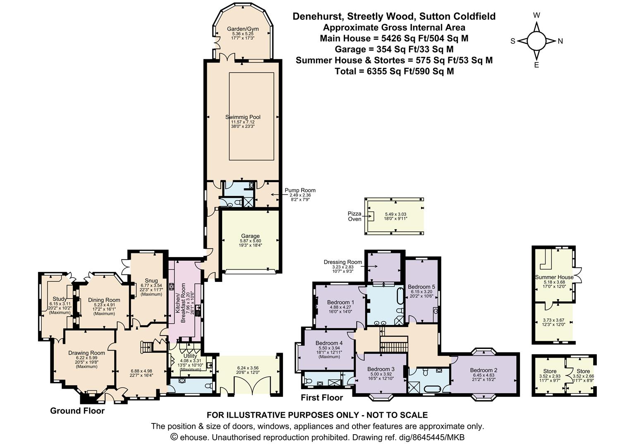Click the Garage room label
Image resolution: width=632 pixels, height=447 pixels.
point(250,236)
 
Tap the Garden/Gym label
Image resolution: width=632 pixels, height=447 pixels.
point(243,29)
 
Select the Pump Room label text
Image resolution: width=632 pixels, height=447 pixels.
point(300,190)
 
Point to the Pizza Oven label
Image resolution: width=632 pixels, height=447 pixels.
point(354,216)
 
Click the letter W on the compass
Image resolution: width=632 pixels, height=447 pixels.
point(536,16)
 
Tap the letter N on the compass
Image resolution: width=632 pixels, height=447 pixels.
point(560,41)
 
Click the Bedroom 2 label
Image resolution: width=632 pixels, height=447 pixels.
point(484,370)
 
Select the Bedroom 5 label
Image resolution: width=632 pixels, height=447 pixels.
point(421,286)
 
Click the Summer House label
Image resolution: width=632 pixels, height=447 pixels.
point(554,277)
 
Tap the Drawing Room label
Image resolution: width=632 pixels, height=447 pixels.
point(86,353)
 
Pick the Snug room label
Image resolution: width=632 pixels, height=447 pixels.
point(151,281)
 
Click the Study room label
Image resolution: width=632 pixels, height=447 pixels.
point(60,299)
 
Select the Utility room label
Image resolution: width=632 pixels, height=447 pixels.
point(190,356)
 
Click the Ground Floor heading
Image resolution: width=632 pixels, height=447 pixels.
point(77,411)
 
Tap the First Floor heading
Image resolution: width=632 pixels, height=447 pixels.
point(322,398)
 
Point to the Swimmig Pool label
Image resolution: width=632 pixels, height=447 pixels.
point(243,117)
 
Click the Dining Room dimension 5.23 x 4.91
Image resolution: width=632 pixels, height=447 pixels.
point(104,305)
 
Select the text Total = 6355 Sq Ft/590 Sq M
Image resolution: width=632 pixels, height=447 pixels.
point(394,71)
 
